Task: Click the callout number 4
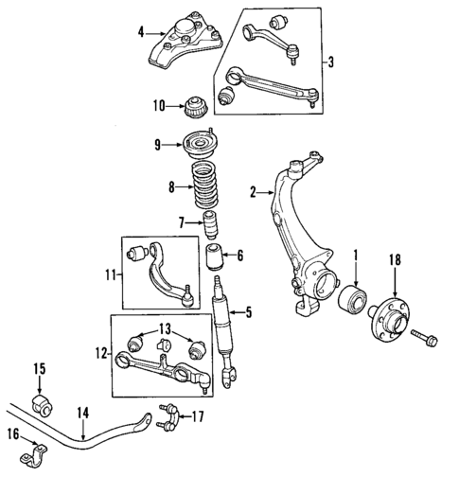point(140,32)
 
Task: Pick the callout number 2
point(253,193)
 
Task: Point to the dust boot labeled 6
point(215,256)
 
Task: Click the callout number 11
point(111,274)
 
